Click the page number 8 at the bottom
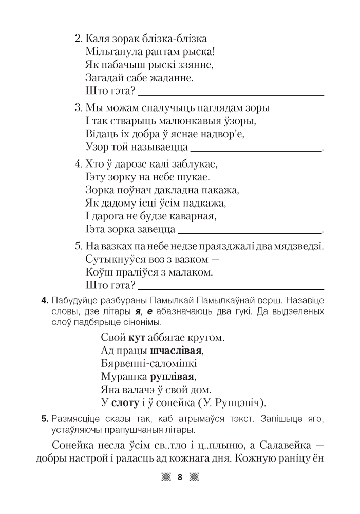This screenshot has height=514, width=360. [x=179, y=477]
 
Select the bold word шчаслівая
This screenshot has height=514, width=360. [x=176, y=351]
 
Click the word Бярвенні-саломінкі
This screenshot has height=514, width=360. [x=149, y=364]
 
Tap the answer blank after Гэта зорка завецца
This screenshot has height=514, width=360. [x=249, y=230]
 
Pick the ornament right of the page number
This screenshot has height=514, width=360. [x=194, y=477]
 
